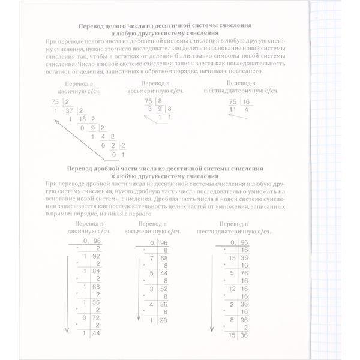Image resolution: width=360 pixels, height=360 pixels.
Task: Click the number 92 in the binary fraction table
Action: click(x=97, y=254)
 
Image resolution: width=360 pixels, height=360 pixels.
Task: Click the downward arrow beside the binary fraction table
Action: click(x=65, y=288)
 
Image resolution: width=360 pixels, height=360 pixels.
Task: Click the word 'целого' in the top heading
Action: click(x=121, y=27)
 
